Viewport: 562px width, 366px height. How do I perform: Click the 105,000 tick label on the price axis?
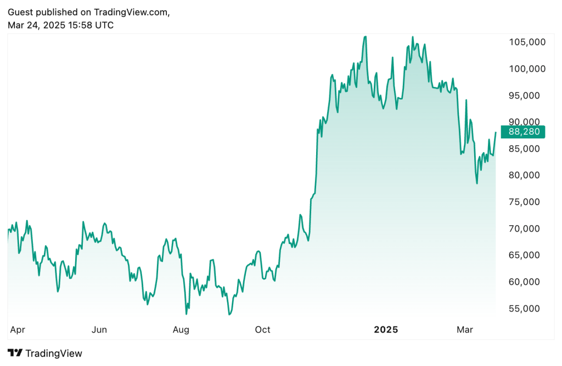(526, 42)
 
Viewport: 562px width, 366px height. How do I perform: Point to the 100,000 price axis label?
(526, 69)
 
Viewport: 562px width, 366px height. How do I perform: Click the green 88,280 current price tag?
(525, 132)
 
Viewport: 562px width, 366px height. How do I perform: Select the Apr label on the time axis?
(18, 330)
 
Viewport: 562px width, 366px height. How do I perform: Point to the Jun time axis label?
(99, 330)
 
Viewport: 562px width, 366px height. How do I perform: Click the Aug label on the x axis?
(181, 330)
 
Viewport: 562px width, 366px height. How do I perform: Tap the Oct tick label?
(263, 330)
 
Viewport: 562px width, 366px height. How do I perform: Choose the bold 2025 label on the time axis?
(386, 330)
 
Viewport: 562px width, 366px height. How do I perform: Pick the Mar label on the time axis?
(465, 330)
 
